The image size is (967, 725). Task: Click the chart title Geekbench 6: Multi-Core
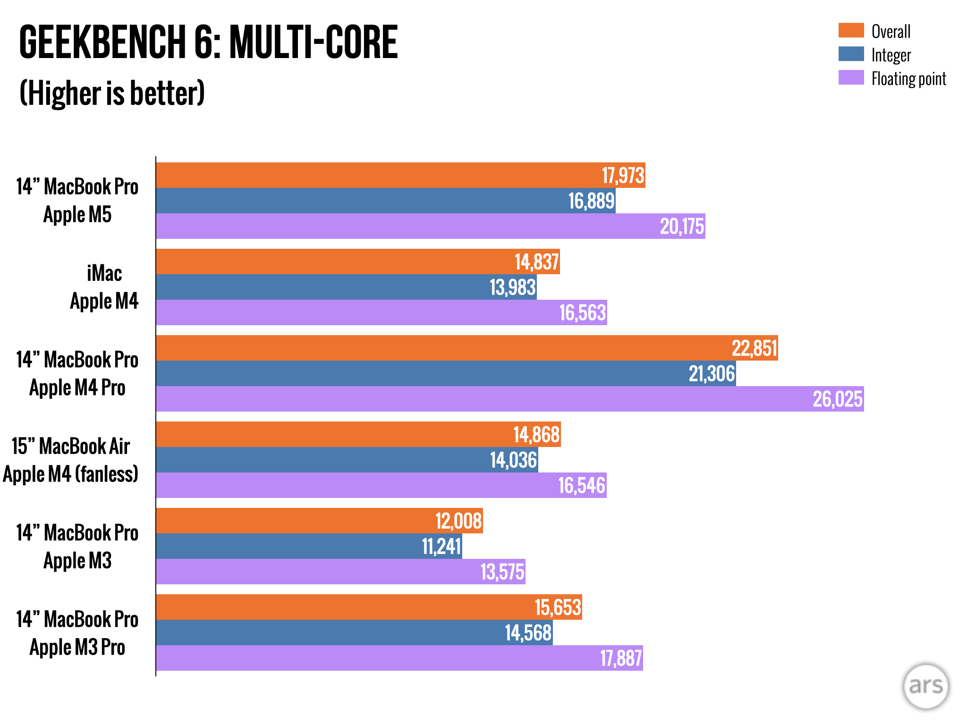pos(208,42)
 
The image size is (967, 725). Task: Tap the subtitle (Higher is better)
pos(112,93)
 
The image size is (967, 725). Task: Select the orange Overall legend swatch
pos(851,30)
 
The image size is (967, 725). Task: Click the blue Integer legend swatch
pos(851,54)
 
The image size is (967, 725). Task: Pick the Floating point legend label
pos(908,79)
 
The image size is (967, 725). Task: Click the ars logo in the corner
pos(925,686)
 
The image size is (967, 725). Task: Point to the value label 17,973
pos(623,176)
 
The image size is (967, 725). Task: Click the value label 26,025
pos(838,399)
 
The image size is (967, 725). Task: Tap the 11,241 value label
pos(441,547)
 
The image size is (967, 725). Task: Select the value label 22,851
pos(754,348)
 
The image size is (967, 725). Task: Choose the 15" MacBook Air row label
pos(71,447)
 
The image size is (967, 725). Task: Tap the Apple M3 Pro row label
pos(77,647)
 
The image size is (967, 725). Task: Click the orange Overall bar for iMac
pos(358,261)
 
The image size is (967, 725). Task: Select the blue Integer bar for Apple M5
pos(386,201)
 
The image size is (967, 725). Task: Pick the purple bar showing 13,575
pos(340,572)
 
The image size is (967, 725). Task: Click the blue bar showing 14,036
pos(347,460)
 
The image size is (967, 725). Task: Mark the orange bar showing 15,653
pos(369,607)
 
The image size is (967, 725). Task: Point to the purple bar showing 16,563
pos(382,312)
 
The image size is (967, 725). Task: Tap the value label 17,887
pos(620,658)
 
